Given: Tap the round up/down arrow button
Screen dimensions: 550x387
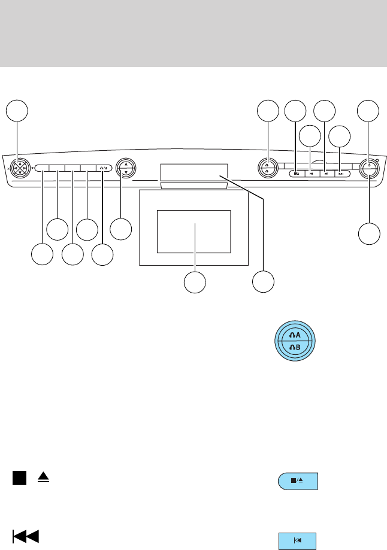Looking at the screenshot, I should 125,168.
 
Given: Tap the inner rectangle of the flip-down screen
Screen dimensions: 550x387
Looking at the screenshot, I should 193,231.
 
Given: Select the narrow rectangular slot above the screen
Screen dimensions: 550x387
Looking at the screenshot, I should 193,172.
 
